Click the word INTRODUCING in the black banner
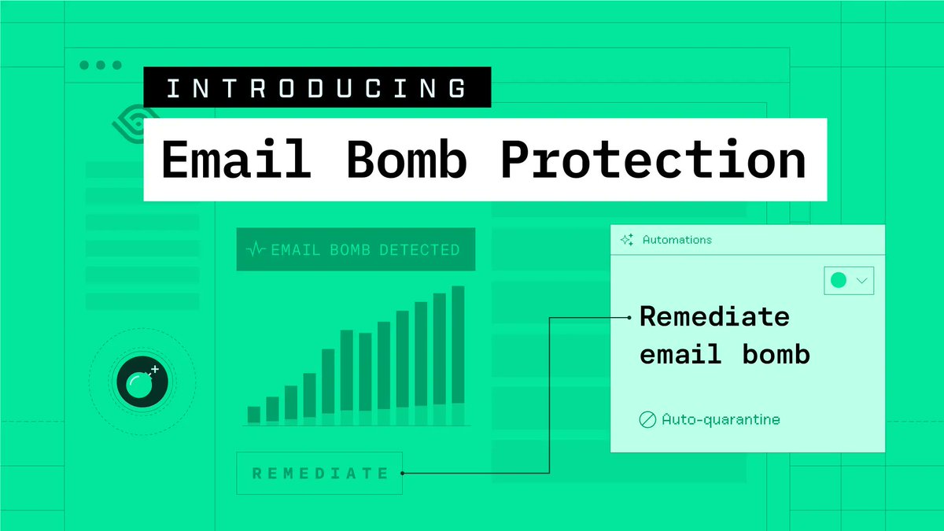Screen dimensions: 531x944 (316, 87)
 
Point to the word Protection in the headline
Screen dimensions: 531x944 (653, 160)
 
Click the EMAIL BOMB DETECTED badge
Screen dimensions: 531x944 (356, 250)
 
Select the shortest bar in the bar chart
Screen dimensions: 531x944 (253, 415)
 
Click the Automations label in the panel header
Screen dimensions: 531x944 (677, 239)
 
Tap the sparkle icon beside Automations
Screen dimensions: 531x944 (627, 240)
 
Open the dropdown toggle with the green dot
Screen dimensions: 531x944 (848, 280)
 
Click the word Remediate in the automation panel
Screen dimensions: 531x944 (714, 317)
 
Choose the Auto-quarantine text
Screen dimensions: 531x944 (721, 419)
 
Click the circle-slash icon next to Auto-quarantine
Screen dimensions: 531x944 (647, 420)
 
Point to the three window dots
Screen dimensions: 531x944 (101, 65)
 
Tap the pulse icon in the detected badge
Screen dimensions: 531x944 (256, 250)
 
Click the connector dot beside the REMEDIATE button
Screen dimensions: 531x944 (403, 474)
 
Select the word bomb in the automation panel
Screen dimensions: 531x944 (776, 354)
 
